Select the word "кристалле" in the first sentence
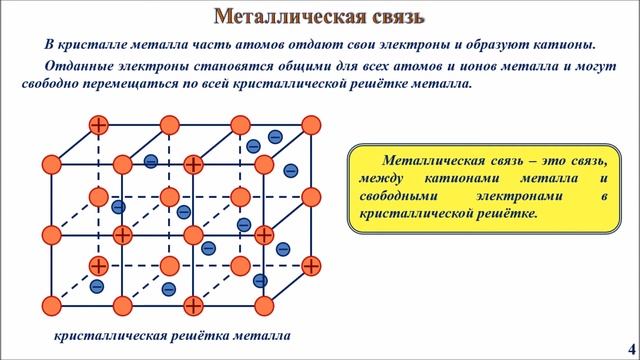[x=102, y=45]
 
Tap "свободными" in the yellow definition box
[x=402, y=195]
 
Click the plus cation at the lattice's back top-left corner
[x=98, y=125]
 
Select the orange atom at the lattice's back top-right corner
[x=311, y=125]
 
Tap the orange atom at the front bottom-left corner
[x=51, y=304]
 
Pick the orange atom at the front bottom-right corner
[x=264, y=304]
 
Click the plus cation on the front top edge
[x=193, y=163]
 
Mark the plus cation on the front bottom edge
[x=193, y=304]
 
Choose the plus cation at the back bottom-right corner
[x=311, y=266]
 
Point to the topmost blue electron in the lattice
[x=275, y=135]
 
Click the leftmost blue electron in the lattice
[x=97, y=286]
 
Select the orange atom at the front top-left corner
[x=51, y=163]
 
